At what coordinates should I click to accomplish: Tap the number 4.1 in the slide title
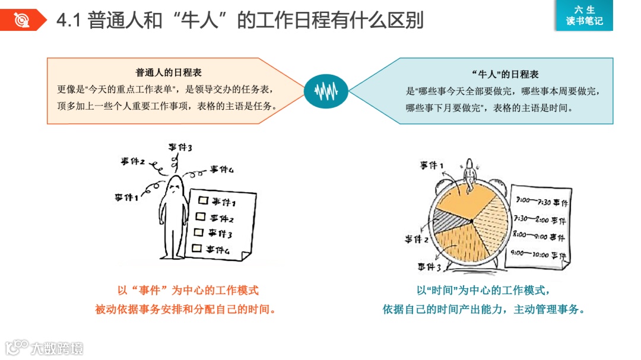[69, 21]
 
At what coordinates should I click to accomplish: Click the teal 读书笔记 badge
[584, 15]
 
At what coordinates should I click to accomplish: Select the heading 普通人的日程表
[169, 73]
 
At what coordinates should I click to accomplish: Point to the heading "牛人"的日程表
[505, 75]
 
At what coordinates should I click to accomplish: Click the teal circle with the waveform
[325, 91]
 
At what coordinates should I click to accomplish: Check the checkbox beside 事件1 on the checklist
[203, 200]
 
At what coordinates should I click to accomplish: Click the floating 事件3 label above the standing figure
[179, 146]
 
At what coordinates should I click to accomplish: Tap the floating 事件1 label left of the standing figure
[126, 197]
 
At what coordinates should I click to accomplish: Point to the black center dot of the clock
[471, 221]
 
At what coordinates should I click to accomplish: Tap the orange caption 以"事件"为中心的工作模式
[188, 291]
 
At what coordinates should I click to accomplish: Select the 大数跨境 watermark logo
[45, 348]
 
